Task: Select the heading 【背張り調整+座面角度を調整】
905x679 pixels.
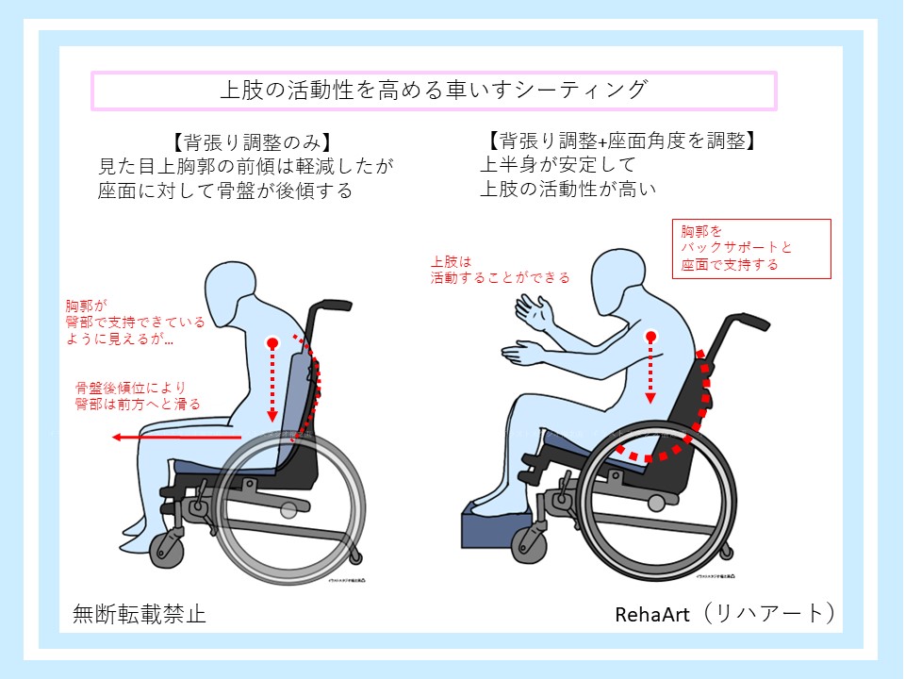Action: click(x=623, y=141)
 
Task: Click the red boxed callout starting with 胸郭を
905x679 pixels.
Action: click(x=751, y=248)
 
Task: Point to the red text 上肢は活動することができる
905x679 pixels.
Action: click(x=500, y=270)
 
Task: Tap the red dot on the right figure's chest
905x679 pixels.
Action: click(x=650, y=336)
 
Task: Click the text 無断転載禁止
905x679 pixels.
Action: click(x=140, y=615)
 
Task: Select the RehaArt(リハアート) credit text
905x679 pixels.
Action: click(x=724, y=614)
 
